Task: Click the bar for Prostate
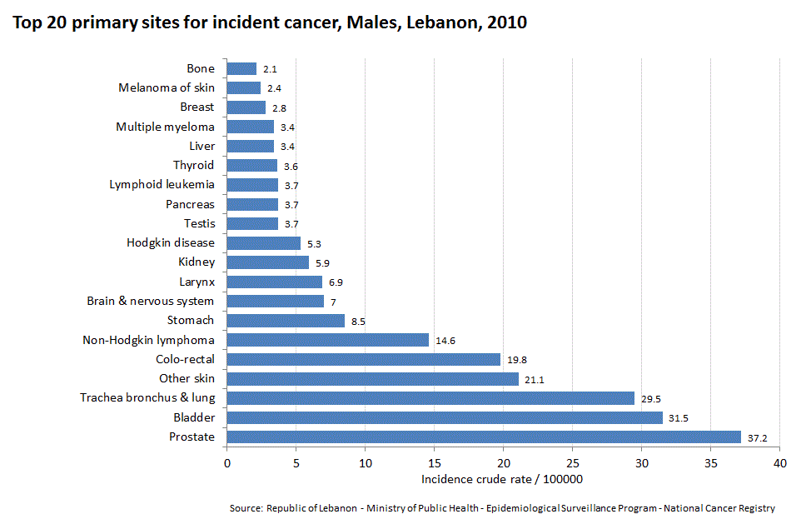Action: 483,437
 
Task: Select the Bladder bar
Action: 444,417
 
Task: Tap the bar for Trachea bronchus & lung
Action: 430,398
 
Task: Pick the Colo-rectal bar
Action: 363,359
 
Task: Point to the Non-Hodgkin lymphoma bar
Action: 327,340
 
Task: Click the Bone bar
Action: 241,68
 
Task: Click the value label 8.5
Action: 358,321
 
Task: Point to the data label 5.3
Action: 314,243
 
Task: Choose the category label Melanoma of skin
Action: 167,87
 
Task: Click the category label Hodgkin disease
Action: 171,242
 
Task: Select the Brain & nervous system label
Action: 151,301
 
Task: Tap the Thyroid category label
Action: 193,165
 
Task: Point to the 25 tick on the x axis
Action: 572,462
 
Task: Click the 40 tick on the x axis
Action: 779,462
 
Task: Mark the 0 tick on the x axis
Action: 226,462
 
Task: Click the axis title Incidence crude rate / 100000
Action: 502,479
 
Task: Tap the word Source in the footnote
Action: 246,508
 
